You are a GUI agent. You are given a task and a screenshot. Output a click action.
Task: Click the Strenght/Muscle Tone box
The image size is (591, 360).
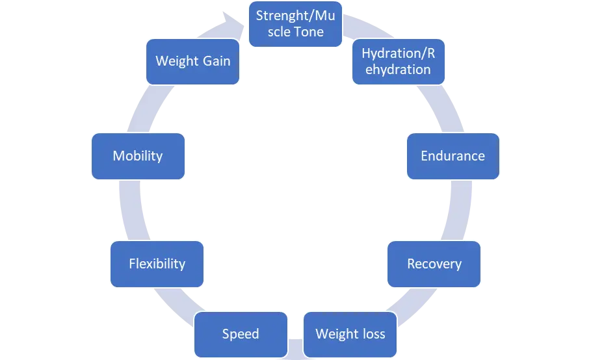(x=295, y=24)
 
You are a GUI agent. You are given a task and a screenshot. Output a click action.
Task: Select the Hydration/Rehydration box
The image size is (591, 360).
(x=398, y=62)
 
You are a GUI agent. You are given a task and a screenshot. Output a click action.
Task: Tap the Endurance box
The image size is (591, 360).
(x=453, y=156)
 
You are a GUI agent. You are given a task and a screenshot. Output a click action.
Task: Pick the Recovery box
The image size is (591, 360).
(x=434, y=264)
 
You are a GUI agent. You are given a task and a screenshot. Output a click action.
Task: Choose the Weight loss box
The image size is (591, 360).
(x=350, y=334)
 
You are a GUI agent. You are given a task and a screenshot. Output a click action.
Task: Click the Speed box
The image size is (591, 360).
(x=241, y=334)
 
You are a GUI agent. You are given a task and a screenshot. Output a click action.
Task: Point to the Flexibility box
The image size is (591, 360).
(x=157, y=264)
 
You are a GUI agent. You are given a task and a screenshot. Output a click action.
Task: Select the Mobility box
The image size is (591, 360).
(x=138, y=156)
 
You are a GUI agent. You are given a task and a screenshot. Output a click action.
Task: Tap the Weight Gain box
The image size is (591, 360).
(x=192, y=62)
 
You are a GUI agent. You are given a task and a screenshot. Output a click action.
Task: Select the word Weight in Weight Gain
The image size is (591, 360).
(x=176, y=62)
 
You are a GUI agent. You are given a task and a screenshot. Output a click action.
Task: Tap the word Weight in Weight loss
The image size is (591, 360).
(x=335, y=334)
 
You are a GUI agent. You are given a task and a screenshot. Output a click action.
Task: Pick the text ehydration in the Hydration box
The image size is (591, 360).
(x=398, y=70)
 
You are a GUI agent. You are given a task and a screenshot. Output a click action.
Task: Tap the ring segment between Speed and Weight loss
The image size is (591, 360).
(x=295, y=348)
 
